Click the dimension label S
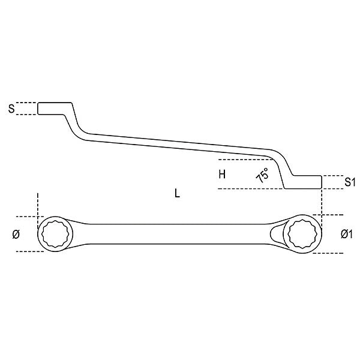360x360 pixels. [11, 109]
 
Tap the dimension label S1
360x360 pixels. [350, 182]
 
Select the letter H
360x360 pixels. [221, 175]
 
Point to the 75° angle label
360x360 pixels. [262, 176]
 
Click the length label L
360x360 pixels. [176, 194]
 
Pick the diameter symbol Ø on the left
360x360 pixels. [16, 233]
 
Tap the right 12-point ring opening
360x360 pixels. [302, 234]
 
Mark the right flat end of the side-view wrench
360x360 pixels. [306, 182]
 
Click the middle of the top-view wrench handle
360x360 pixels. [174, 234]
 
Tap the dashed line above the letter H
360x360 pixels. [240, 160]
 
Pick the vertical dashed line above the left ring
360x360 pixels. [37, 205]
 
